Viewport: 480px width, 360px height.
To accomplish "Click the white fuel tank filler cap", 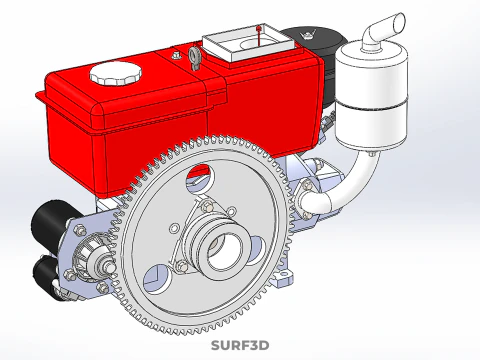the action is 115,73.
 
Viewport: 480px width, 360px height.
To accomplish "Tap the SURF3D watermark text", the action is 240,345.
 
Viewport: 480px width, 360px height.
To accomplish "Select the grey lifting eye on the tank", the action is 195,57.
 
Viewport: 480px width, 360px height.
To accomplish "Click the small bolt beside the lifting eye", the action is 177,55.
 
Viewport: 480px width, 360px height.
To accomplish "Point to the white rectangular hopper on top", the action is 247,43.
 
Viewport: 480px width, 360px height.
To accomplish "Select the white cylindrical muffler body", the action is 371,95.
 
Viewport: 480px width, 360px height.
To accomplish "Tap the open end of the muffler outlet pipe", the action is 399,22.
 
